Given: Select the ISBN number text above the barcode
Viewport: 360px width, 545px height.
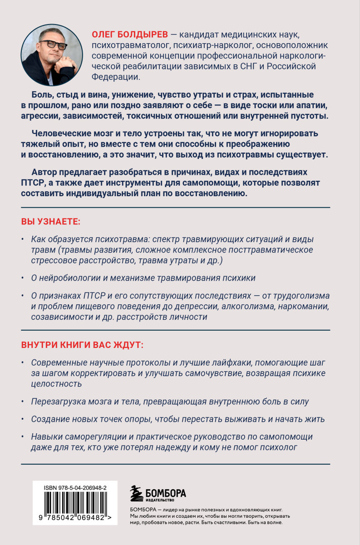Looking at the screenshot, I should pos(75,487).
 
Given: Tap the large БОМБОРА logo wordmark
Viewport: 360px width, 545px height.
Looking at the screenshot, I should pos(165,492).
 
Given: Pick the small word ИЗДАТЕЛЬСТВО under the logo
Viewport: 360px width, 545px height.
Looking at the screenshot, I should pos(158,501).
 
